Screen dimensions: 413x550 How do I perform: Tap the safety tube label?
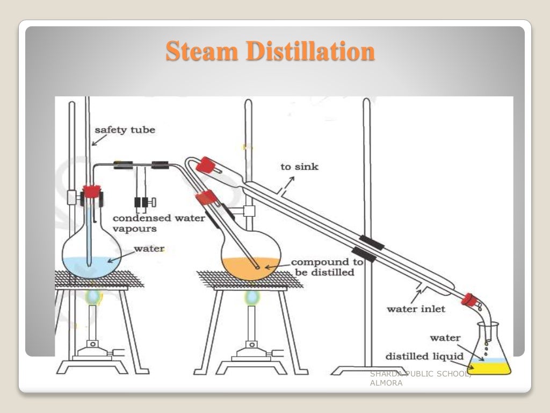click(x=125, y=130)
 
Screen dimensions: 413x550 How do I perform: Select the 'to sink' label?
click(x=299, y=167)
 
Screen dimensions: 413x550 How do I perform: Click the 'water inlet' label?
click(x=416, y=309)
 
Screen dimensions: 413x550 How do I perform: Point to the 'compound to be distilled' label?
click(x=327, y=267)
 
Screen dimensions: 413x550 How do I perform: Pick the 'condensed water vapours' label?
click(x=158, y=223)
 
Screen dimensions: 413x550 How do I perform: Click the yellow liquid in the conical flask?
click(x=489, y=368)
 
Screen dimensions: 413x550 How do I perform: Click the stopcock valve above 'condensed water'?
click(x=144, y=202)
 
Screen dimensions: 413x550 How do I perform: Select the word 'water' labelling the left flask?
click(x=149, y=248)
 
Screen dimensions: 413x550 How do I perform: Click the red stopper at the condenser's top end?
click(x=206, y=164)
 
